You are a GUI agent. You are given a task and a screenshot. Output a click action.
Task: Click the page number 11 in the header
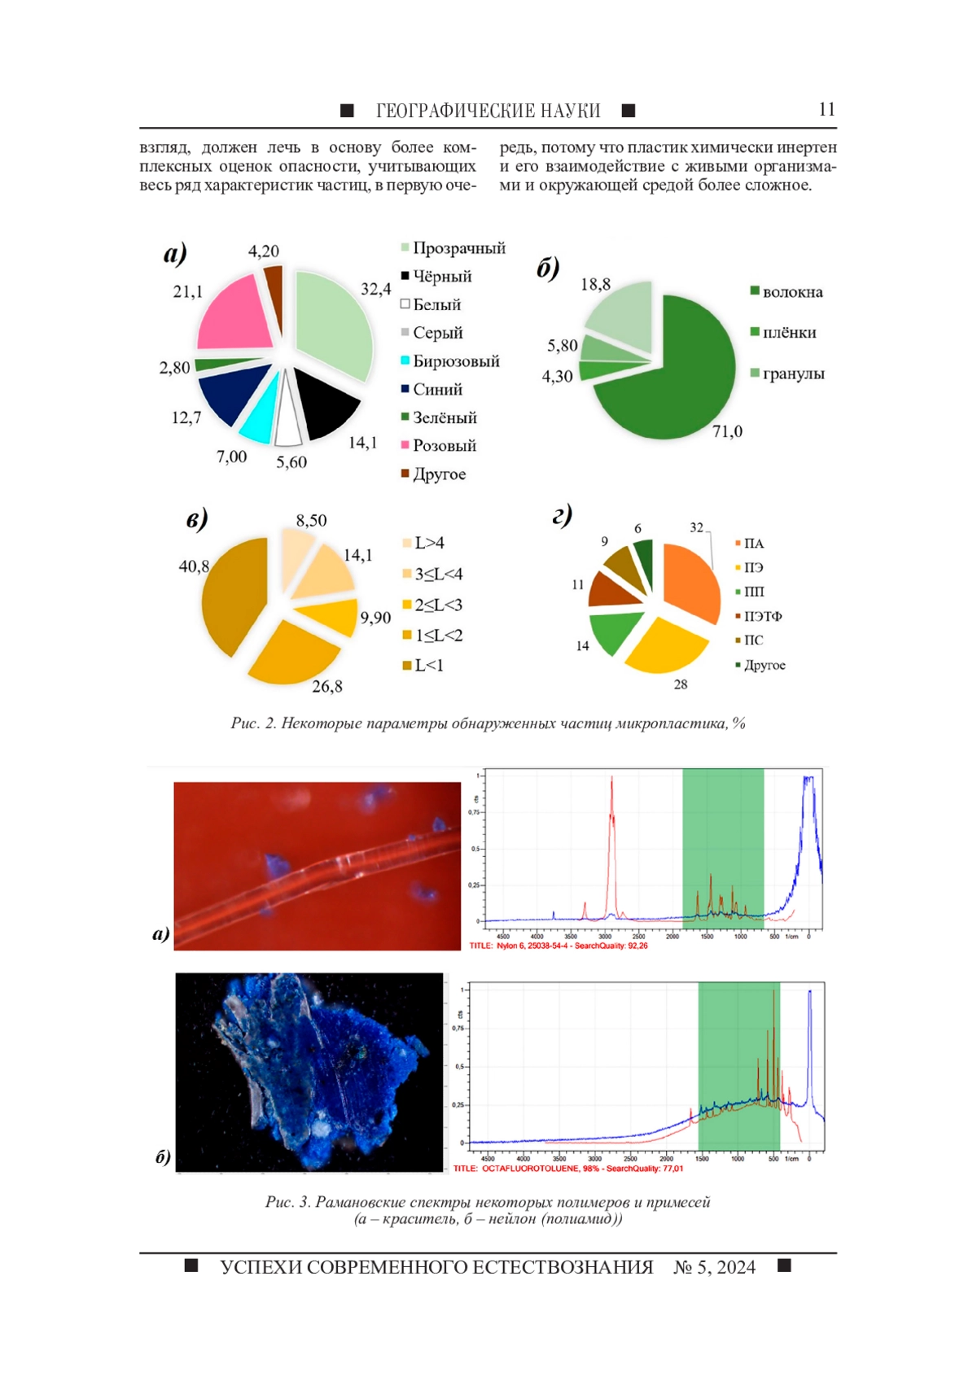click(x=826, y=110)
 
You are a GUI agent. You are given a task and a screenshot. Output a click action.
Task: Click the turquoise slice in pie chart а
click(x=259, y=415)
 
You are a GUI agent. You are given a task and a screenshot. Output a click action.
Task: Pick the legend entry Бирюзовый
click(x=455, y=361)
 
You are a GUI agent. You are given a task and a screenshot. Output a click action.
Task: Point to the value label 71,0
click(x=727, y=431)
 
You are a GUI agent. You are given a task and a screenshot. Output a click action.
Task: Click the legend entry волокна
click(x=791, y=292)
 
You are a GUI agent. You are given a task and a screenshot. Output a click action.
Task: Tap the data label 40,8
click(x=194, y=566)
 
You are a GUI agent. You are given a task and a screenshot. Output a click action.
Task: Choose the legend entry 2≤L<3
click(x=438, y=605)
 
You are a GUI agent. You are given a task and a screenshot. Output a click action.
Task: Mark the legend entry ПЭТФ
click(x=762, y=616)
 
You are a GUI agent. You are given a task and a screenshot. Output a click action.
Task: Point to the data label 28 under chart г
click(x=681, y=684)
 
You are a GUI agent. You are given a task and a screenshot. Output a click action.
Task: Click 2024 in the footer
click(x=736, y=1267)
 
